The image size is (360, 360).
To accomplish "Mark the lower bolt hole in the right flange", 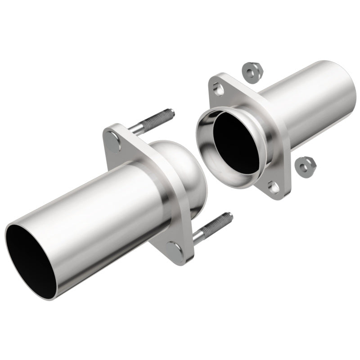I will pos(274,186).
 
